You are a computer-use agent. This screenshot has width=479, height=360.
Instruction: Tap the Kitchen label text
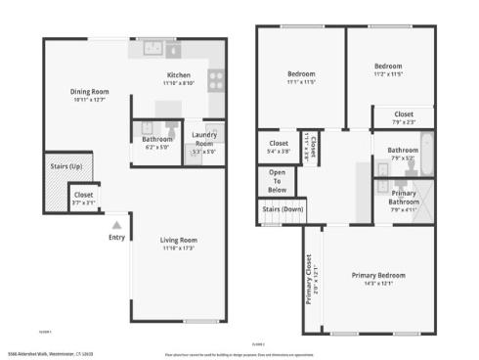tap(179, 75)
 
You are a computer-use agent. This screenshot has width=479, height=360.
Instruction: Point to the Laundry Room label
tap(204, 136)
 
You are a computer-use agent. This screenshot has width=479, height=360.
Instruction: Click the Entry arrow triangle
tap(116, 224)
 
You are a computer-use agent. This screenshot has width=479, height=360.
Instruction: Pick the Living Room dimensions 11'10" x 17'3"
tap(180, 248)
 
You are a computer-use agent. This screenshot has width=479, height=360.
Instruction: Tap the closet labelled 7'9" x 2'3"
tap(403, 115)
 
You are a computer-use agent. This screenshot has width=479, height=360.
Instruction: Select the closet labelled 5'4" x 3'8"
tap(278, 145)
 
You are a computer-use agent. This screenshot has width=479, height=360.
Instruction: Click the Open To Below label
tap(277, 181)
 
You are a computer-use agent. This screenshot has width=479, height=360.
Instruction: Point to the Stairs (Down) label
tap(282, 208)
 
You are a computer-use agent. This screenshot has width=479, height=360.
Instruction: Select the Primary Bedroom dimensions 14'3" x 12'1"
tap(378, 284)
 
